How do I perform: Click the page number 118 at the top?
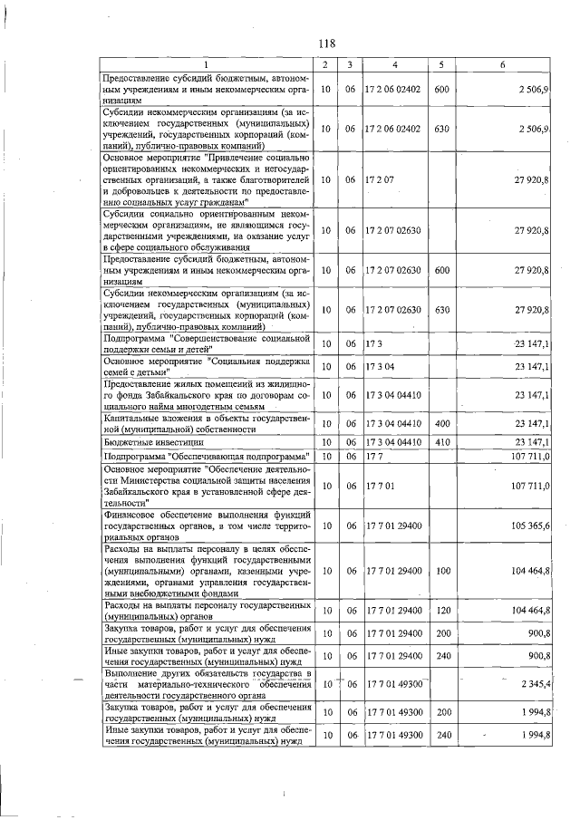(327, 43)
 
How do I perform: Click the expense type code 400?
(442, 422)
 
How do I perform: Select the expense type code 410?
(442, 441)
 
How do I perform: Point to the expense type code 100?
(442, 570)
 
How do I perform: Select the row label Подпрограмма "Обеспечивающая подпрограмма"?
(208, 456)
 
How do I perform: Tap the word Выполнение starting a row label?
(132, 675)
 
